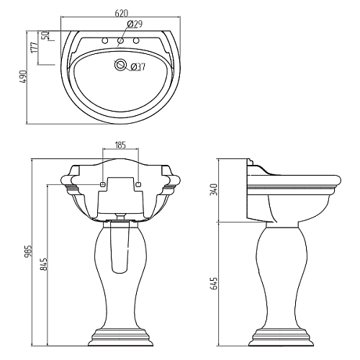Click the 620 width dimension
pos(122,13)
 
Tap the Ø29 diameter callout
pos(135,24)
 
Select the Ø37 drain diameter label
pos(138,67)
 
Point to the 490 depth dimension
pos(23,77)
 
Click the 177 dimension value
pos(35,48)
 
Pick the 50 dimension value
pos(45,35)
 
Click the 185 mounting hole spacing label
pos(120,145)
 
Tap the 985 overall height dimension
pos(28,251)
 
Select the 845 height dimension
pos(44,264)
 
